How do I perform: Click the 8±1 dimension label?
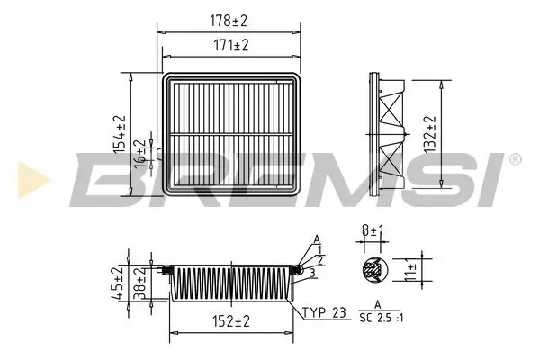[371, 231]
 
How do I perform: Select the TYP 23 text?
[324, 313]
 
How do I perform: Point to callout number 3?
[310, 272]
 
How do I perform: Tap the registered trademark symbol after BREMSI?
[514, 159]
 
